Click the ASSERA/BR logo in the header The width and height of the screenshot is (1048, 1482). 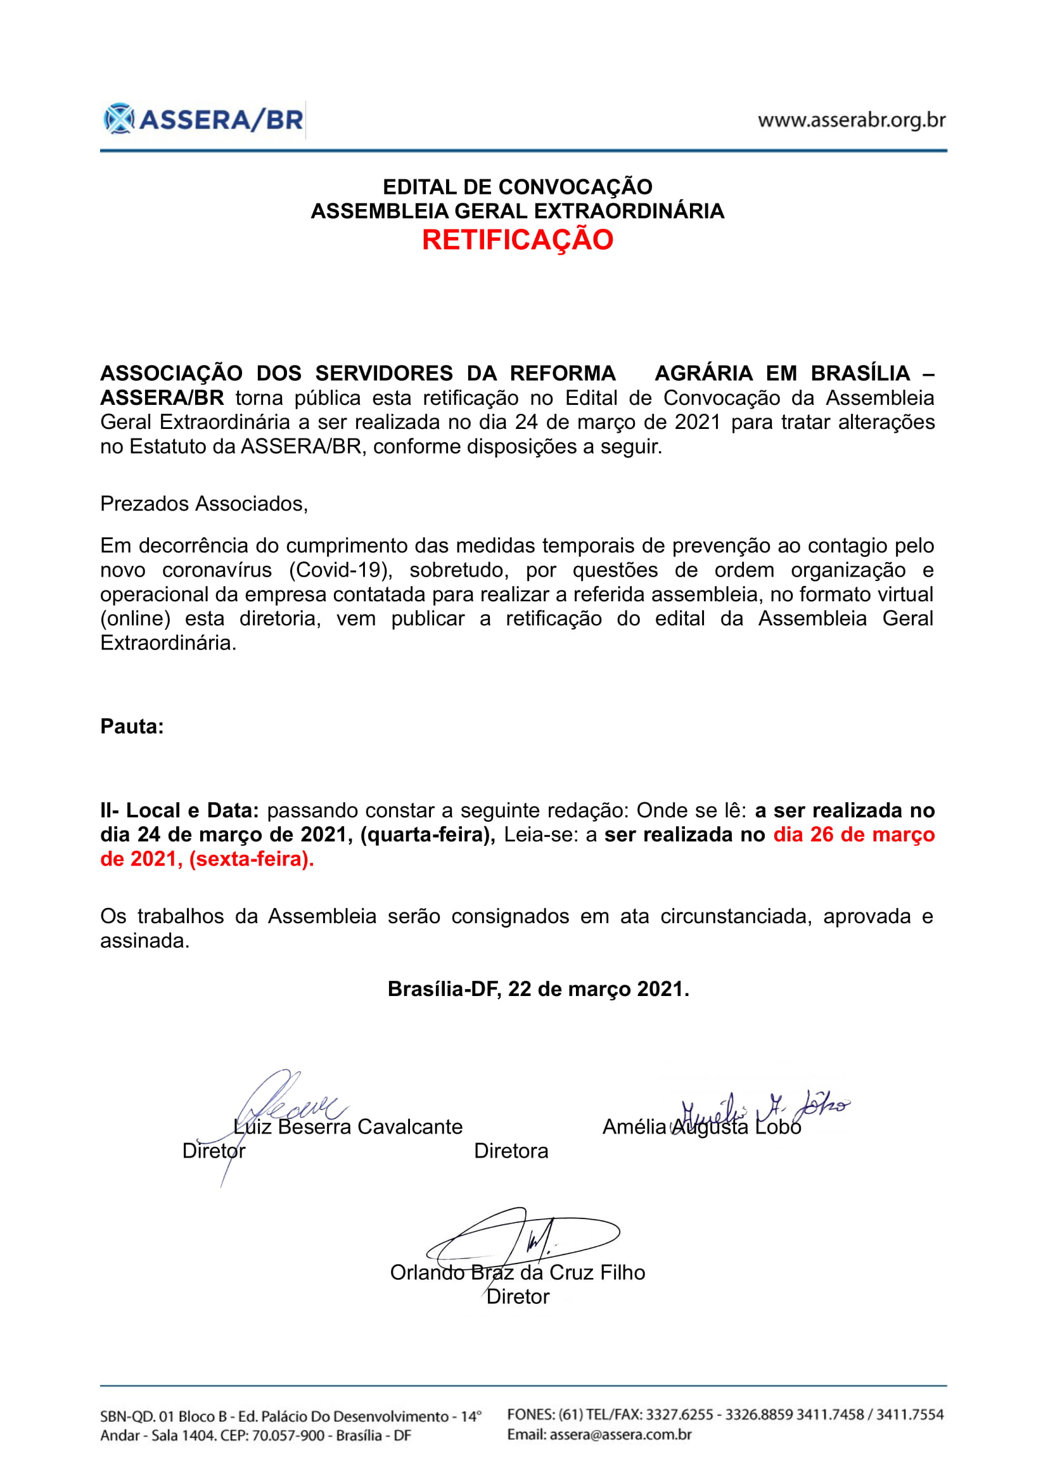pos(203,119)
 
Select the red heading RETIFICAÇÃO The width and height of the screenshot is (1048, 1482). pos(518,240)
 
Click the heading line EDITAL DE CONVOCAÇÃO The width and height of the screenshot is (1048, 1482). pos(518,187)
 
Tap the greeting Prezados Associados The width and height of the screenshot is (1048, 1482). pos(204,504)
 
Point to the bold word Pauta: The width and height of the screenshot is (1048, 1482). pos(132,727)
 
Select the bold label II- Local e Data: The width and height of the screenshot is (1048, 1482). pos(179,811)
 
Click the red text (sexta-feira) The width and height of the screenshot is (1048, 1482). pos(251,859)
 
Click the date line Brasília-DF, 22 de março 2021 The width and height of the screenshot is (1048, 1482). pos(538,989)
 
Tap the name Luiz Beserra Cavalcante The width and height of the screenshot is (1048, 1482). pos(348,1127)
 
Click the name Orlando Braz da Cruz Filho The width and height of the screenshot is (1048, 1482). pos(518,1272)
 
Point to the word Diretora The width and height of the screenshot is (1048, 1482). pos(511,1151)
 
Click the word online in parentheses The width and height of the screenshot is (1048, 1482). pos(136,619)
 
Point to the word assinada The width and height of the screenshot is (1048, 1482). pos(144,941)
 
